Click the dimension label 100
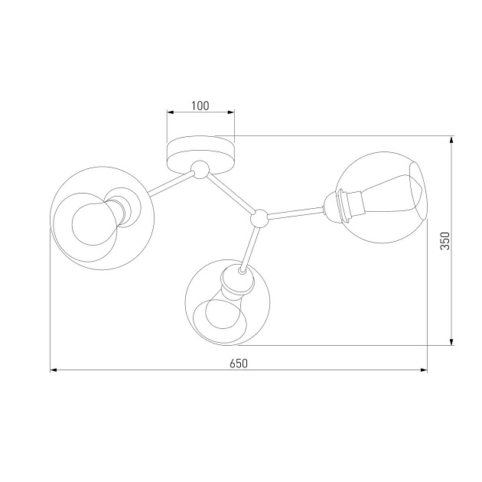200,106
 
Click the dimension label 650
239,363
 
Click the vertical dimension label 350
445,241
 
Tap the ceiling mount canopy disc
200,155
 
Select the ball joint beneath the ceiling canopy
200,169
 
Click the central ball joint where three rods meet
260,218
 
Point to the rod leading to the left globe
171,184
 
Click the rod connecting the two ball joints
230,194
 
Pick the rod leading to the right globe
297,213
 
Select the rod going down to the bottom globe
249,249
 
